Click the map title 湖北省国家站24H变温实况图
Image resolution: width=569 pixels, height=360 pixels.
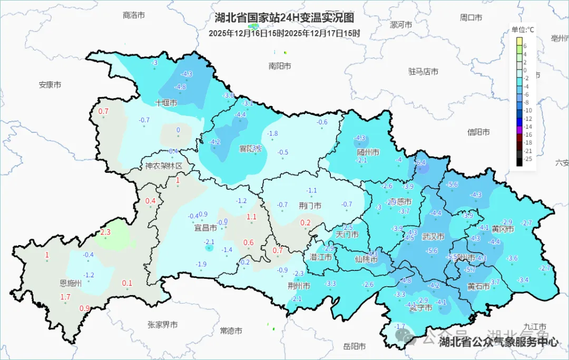284,18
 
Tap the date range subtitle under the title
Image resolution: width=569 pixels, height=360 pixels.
284,33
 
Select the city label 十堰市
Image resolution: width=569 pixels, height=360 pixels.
165,103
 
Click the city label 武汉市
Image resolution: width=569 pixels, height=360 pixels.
433,237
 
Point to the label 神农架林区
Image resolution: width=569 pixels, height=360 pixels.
164,166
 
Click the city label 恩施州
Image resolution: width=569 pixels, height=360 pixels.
71,283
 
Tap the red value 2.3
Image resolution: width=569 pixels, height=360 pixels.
105,232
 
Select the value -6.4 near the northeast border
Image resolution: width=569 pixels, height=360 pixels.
420,163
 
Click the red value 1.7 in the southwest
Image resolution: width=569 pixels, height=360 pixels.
65,297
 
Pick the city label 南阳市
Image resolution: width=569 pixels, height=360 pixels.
279,66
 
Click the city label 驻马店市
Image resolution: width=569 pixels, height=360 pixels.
423,71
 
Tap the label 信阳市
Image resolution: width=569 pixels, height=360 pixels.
478,132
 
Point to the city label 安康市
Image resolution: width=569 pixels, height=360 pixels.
50,84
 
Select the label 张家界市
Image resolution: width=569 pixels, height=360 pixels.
162,325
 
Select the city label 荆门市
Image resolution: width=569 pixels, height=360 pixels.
310,206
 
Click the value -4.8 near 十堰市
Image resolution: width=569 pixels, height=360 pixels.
180,87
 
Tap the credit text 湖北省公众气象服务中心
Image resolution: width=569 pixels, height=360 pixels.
498,342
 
